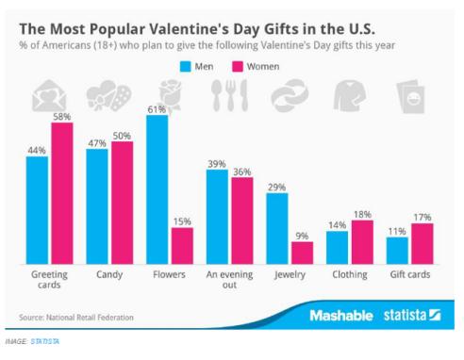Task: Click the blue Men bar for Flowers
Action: pyautogui.click(x=157, y=188)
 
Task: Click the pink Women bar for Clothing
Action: pyautogui.click(x=362, y=241)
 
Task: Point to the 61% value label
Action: pyautogui.click(x=157, y=108)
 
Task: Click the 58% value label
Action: pyautogui.click(x=61, y=116)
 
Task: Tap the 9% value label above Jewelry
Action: pyautogui.click(x=303, y=236)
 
